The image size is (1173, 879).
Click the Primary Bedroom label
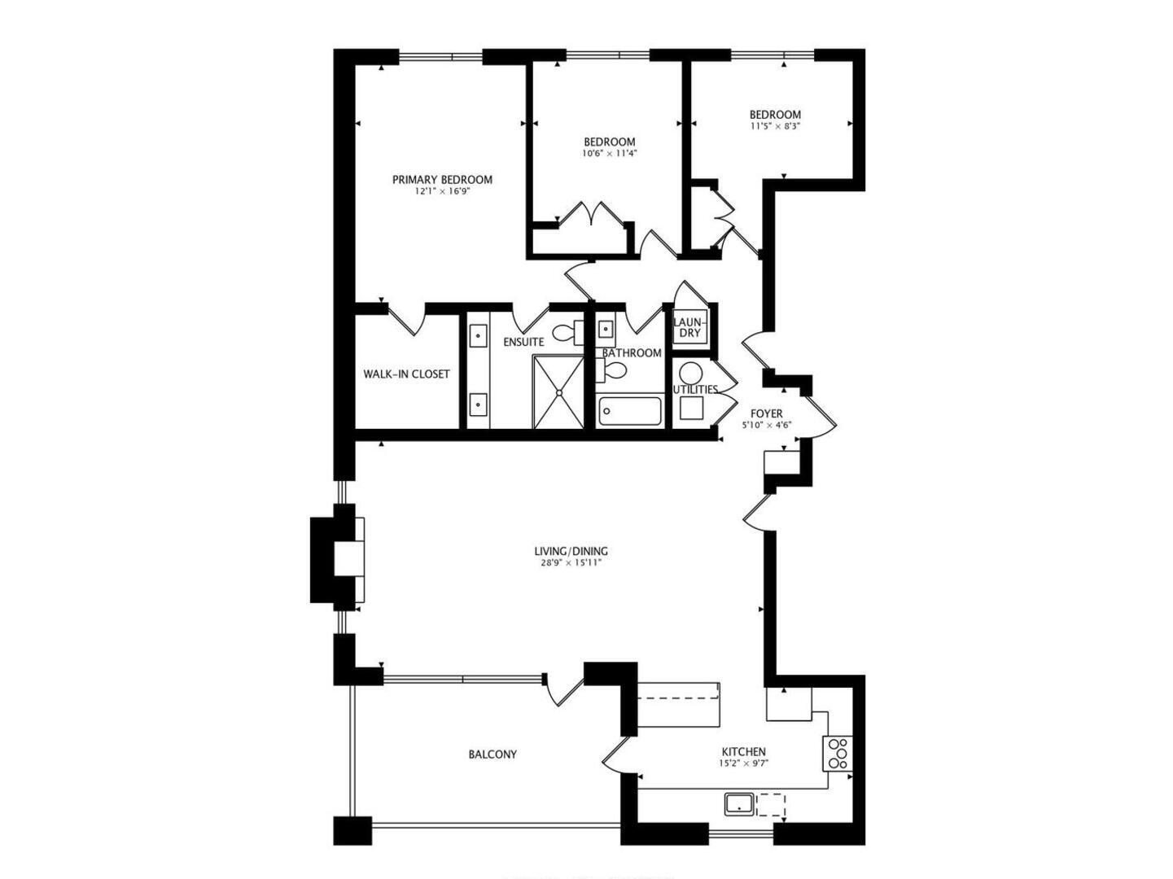click(442, 180)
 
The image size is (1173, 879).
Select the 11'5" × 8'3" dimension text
click(775, 126)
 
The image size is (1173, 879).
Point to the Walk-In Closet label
click(406, 374)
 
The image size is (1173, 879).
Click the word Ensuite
click(523, 343)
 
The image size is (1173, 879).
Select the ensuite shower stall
click(558, 391)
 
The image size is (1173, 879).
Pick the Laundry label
click(690, 327)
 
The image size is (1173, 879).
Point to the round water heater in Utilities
click(691, 374)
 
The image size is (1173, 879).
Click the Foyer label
click(766, 414)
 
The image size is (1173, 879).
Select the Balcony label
click(492, 754)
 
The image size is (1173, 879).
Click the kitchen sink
click(738, 805)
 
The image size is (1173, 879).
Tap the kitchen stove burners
click(837, 753)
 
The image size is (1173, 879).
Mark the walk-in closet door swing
click(406, 319)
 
